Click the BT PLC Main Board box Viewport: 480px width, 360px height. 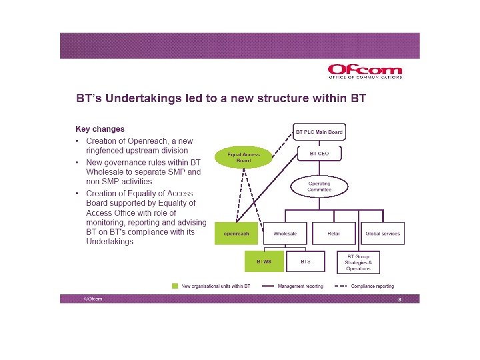pos(319,131)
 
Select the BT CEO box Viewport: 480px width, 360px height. pos(319,153)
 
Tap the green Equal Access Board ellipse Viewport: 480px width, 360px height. pos(245,157)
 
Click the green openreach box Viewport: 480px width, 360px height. pos(237,234)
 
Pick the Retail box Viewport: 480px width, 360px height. pos(334,234)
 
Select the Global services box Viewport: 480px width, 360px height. pos(383,234)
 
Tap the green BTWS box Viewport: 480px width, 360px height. pos(263,262)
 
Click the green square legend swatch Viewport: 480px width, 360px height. pos(175,286)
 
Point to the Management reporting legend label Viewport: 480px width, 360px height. pos(301,286)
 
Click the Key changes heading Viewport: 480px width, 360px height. pos(99,129)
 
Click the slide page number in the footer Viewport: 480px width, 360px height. pos(399,299)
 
